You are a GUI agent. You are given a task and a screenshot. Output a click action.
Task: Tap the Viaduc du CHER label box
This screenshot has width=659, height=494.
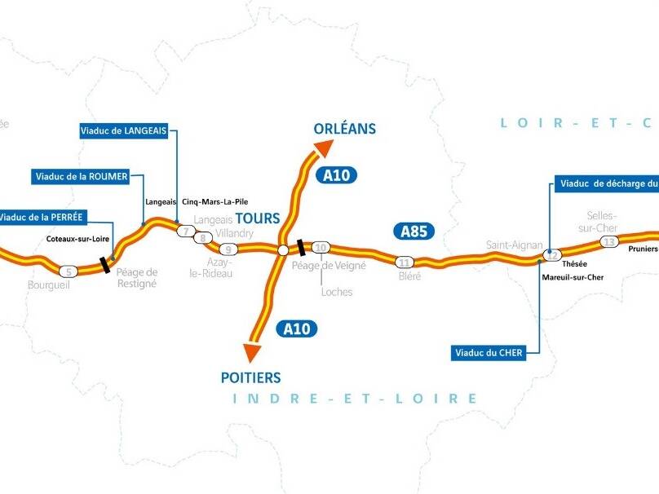487,353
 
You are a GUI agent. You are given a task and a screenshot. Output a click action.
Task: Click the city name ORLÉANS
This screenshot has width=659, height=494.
344,128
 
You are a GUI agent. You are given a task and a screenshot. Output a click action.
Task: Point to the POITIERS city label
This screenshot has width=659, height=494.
250,377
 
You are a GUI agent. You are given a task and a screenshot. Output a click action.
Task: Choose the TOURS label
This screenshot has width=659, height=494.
258,218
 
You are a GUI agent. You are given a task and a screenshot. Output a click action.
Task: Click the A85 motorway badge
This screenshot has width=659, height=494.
414,231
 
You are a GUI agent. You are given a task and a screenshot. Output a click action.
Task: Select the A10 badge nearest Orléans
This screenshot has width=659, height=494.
339,174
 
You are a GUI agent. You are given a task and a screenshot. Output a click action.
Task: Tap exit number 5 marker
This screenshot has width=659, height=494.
69,271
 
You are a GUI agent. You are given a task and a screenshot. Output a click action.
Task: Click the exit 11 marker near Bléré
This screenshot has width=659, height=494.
404,262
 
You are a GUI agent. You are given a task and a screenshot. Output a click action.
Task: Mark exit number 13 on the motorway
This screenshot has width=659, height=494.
608,241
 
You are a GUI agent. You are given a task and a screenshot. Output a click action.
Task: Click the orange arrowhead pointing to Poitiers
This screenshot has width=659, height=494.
253,351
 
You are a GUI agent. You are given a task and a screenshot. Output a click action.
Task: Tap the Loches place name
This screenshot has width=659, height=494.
337,291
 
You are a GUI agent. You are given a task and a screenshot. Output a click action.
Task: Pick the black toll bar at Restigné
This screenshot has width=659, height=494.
106,262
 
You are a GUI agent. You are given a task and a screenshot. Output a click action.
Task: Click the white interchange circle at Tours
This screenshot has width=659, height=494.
282,250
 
